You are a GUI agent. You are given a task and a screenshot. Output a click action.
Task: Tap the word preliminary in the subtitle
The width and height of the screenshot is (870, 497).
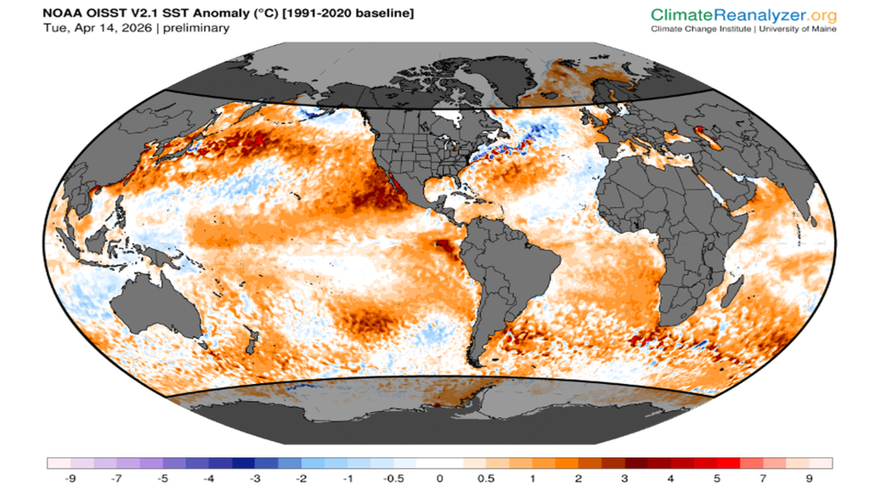click(x=197, y=29)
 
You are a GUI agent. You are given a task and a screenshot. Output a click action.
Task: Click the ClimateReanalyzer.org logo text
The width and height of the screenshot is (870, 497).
click(x=743, y=14)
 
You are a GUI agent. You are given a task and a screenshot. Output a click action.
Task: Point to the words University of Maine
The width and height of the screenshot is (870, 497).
click(x=799, y=29)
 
